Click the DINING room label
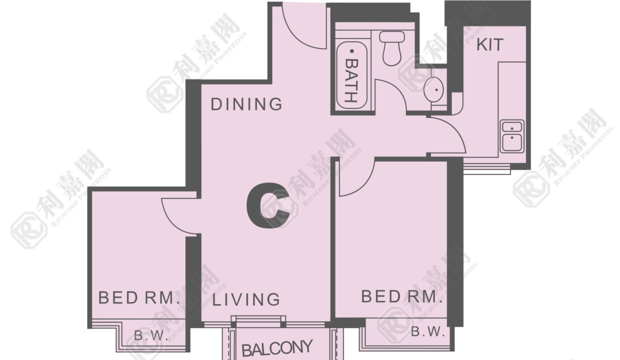[x=246, y=104]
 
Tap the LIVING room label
[x=246, y=299]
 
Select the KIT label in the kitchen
[x=489, y=44]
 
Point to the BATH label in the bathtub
[x=352, y=80]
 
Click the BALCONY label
[x=277, y=348]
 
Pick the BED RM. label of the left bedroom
[x=139, y=297]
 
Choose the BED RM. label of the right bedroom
[x=401, y=296]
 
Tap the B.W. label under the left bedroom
[x=151, y=336]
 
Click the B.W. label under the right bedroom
[x=428, y=331]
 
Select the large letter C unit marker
[x=268, y=206]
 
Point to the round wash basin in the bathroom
[x=433, y=89]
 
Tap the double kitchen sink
[x=512, y=136]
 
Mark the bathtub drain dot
[x=352, y=51]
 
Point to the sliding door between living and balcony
[x=258, y=321]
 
